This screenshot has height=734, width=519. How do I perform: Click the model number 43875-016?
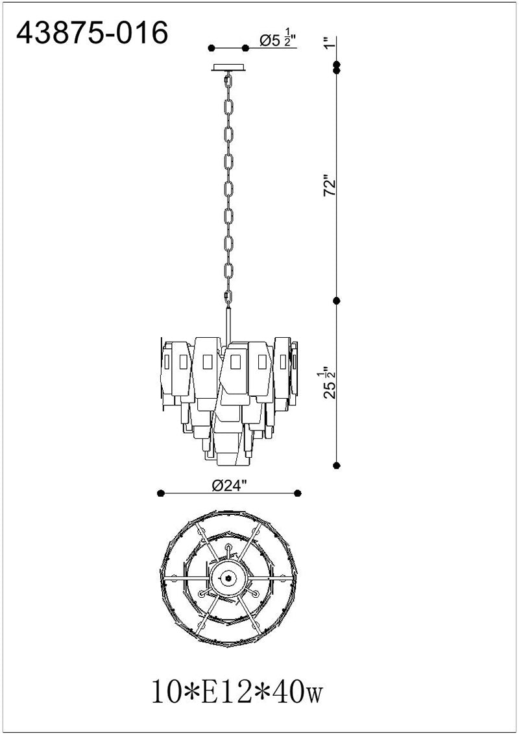click(92, 34)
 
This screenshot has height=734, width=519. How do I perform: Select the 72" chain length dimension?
click(331, 186)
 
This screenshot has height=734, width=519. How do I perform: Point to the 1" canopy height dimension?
click(331, 42)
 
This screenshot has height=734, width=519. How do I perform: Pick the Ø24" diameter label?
click(229, 486)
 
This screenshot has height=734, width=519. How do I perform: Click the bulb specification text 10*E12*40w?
click(237, 693)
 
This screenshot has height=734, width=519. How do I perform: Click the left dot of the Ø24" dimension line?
click(161, 493)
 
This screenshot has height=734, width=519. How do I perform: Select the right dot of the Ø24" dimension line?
click(297, 493)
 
